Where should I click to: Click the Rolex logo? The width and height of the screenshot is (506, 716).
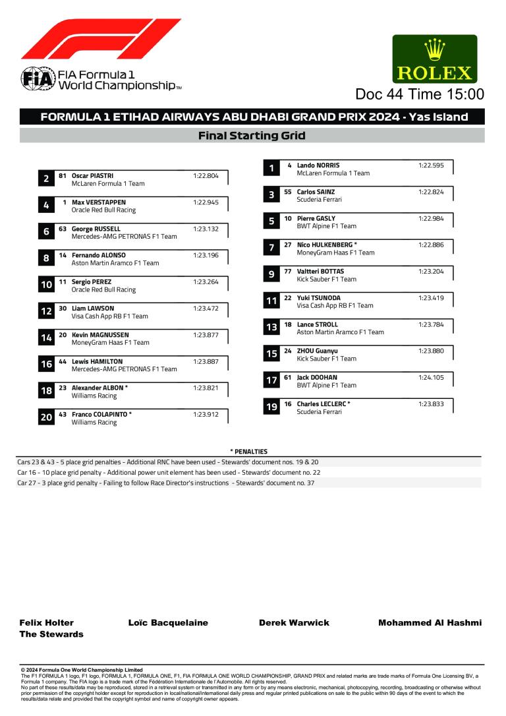tap(434, 59)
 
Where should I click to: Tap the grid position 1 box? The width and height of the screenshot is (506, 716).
tap(271, 168)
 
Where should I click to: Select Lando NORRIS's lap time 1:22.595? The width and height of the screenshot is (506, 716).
tap(431, 165)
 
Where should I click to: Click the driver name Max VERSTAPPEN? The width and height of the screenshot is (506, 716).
tap(98, 202)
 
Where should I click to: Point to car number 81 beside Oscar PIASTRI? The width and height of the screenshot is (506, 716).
tap(63, 176)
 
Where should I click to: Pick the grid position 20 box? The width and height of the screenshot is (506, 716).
tap(46, 417)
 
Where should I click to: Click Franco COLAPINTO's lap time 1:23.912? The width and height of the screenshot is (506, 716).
tap(206, 415)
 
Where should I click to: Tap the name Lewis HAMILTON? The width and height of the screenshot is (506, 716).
tap(97, 362)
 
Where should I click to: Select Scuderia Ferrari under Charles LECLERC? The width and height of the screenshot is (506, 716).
tap(319, 412)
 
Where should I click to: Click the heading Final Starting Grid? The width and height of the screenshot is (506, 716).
tap(252, 136)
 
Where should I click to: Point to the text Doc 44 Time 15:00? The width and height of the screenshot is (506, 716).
tap(420, 95)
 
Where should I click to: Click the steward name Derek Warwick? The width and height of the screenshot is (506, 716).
tap(294, 622)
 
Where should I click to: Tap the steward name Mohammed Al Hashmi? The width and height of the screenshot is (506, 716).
tap(430, 622)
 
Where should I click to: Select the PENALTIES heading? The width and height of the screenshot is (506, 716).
tap(248, 452)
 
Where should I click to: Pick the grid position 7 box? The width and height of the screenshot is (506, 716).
tap(271, 248)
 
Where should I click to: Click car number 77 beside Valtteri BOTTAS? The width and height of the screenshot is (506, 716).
tap(288, 272)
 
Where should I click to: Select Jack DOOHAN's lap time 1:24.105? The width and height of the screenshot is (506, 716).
tap(431, 378)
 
